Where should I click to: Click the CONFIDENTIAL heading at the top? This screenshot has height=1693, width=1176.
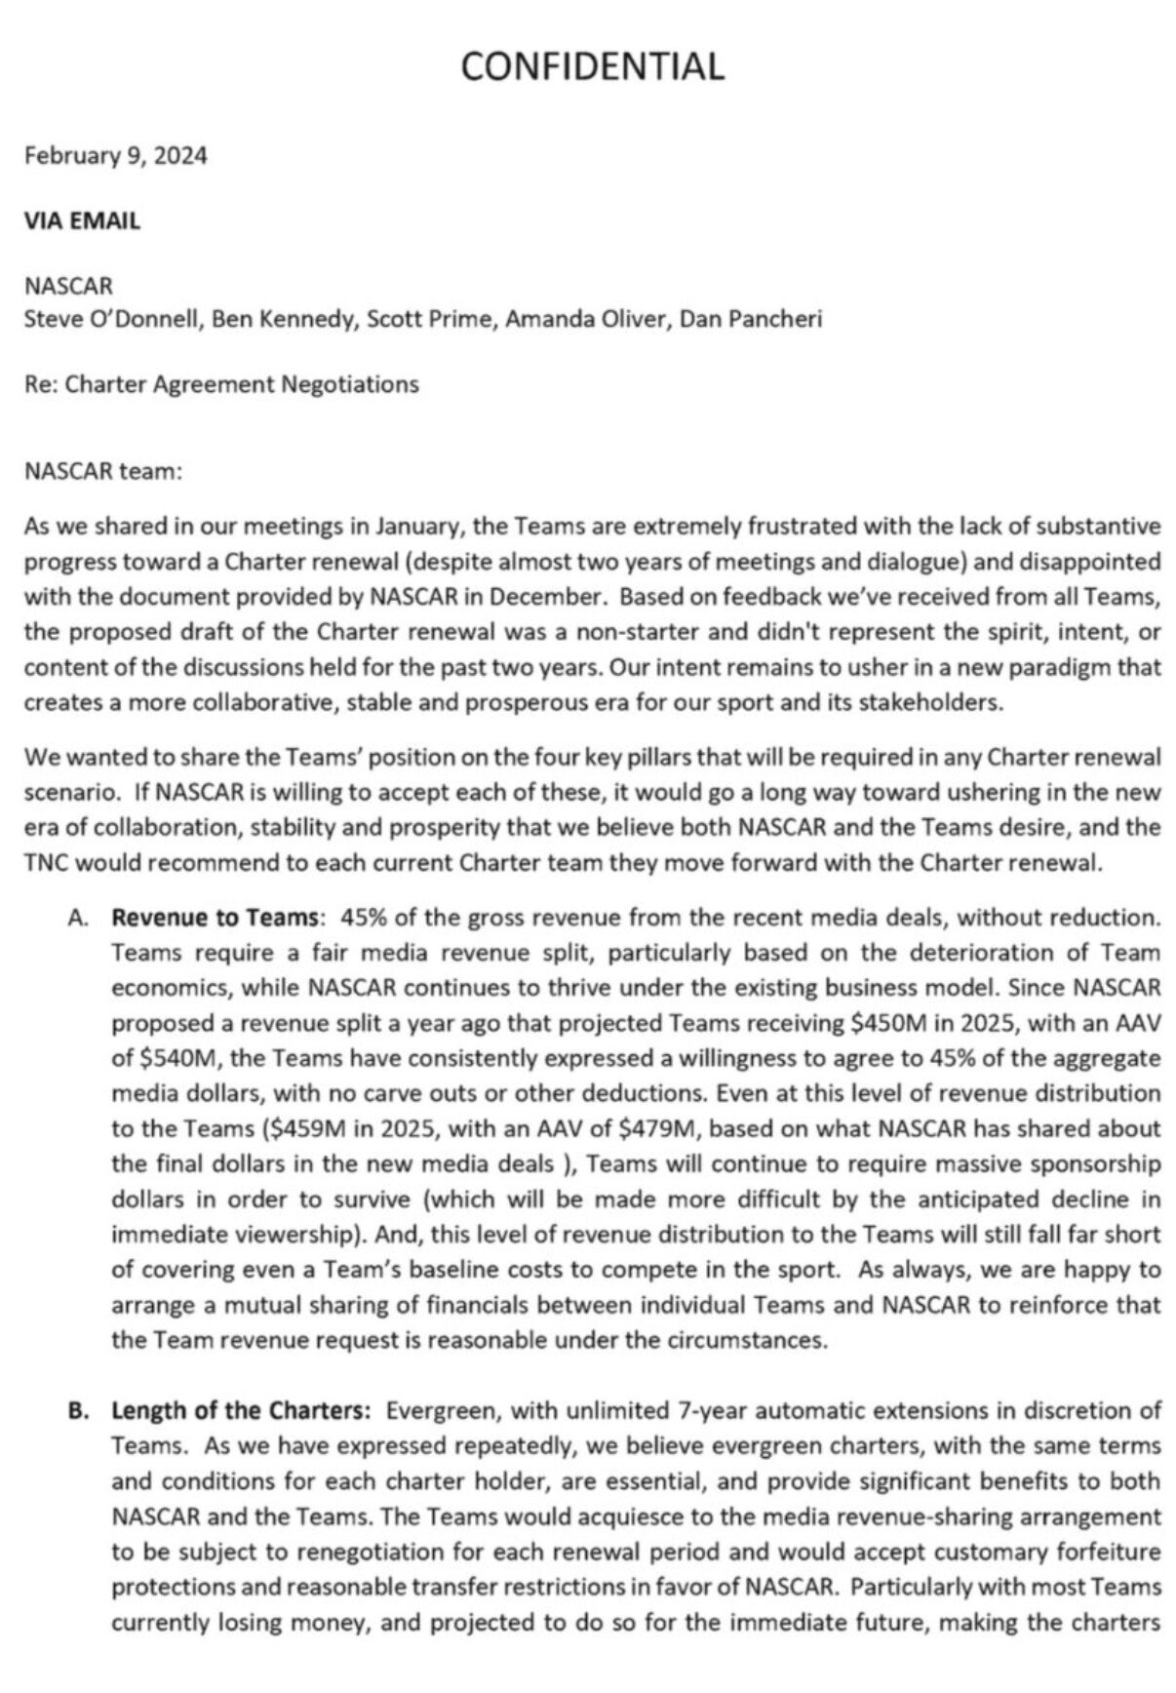pyautogui.click(x=592, y=66)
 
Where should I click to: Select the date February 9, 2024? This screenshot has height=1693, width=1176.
pyautogui.click(x=115, y=156)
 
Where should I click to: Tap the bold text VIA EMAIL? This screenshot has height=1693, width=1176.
pyautogui.click(x=82, y=221)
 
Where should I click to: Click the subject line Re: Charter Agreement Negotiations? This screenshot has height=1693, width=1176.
pyautogui.click(x=221, y=384)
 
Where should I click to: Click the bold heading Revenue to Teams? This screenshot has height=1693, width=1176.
pyautogui.click(x=216, y=918)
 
